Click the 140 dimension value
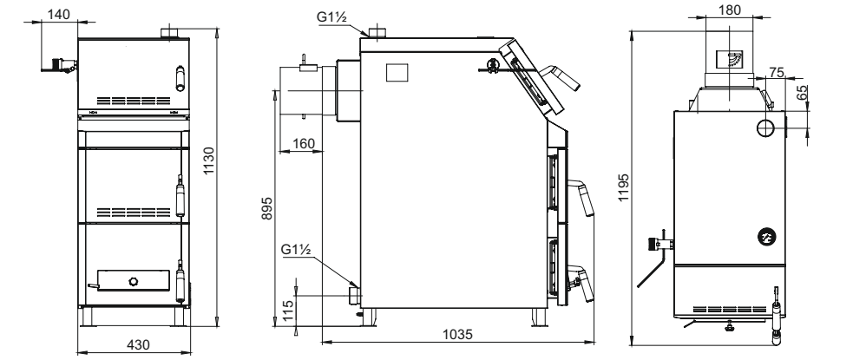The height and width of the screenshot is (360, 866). [x=58, y=14]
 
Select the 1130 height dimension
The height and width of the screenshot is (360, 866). [x=210, y=160]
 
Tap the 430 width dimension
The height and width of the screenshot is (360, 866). [x=138, y=344]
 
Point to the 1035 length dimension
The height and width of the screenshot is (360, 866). [x=458, y=334]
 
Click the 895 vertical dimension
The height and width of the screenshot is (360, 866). [x=266, y=208]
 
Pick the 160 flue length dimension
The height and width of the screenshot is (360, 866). [x=304, y=143]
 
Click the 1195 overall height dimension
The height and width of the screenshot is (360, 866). [x=624, y=187]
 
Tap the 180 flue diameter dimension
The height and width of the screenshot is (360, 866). [x=730, y=10]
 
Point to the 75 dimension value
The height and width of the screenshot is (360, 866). [x=777, y=72]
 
